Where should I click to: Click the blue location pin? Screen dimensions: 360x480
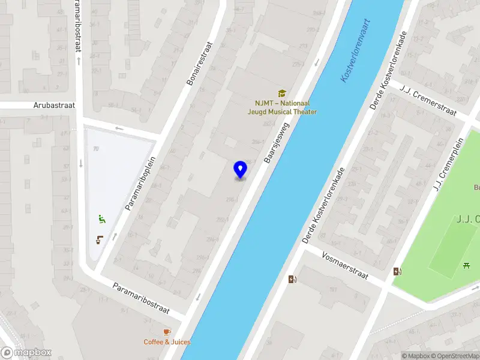[240, 170]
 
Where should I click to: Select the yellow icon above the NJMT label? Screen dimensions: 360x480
[281, 93]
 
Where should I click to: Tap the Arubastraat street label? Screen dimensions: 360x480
[55, 105]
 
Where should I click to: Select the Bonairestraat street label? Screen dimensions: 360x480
[200, 63]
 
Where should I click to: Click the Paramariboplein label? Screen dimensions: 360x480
[140, 183]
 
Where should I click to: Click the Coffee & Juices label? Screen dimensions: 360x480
[167, 342]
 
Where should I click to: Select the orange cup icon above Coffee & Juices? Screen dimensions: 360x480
[167, 331]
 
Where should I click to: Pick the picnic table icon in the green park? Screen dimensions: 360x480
[467, 265]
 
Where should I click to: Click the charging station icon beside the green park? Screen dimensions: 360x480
[397, 272]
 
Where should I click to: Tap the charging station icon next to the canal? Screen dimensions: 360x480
[292, 279]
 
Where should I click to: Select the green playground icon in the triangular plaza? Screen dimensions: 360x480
[102, 220]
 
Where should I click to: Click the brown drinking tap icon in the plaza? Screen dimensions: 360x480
[99, 240]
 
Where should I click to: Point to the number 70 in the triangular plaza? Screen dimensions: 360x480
[96, 148]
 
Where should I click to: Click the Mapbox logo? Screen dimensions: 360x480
[26, 353]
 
